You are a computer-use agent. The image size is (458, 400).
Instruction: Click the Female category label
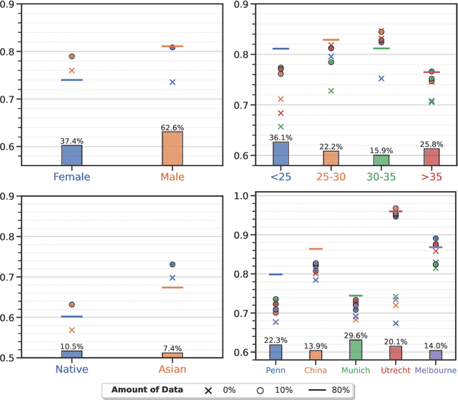[x=72, y=177]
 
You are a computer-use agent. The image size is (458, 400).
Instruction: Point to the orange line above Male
[x=172, y=47]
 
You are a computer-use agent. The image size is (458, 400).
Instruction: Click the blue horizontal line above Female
[x=72, y=79]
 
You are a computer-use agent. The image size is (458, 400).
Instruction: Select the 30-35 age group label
[x=381, y=176]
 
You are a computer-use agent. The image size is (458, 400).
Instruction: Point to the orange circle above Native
[x=72, y=305]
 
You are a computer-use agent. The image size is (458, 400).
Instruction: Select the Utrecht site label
[x=396, y=369]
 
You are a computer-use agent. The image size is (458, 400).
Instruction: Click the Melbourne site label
[x=435, y=369]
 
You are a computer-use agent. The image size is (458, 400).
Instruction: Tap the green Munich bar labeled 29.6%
[x=356, y=348]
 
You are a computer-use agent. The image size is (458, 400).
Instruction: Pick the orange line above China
[x=316, y=249]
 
